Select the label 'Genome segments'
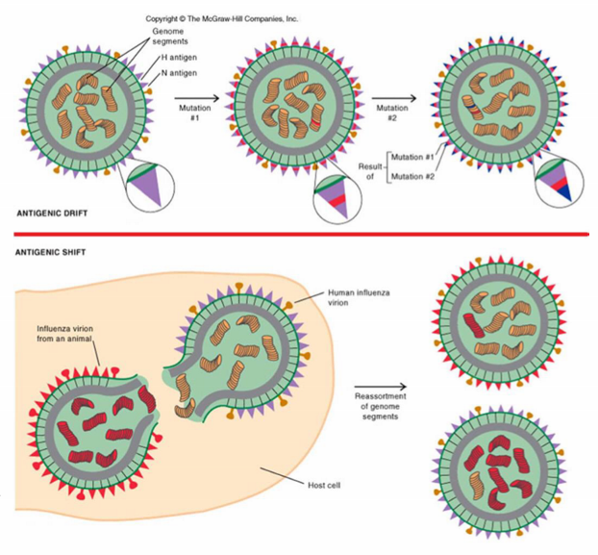pyautogui.click(x=168, y=37)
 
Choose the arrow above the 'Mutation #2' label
pyautogui.click(x=394, y=97)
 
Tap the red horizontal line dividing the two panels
pyautogui.click(x=299, y=234)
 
